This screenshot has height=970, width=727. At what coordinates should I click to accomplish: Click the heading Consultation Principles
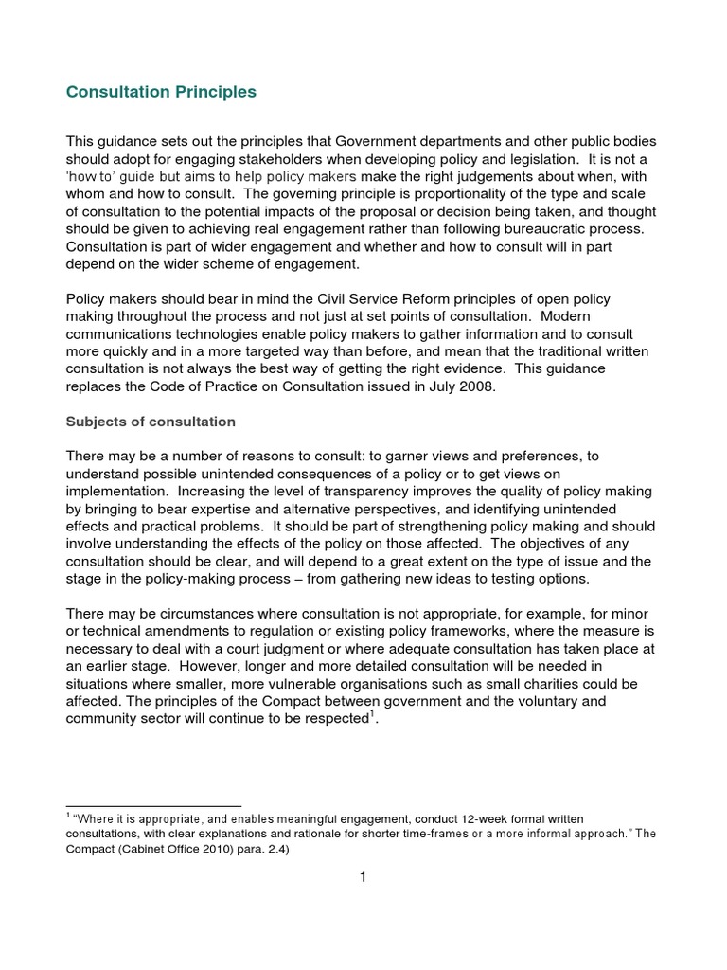(161, 93)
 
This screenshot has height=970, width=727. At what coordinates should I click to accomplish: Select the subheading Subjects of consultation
(151, 421)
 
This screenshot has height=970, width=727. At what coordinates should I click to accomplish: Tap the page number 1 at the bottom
(363, 877)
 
